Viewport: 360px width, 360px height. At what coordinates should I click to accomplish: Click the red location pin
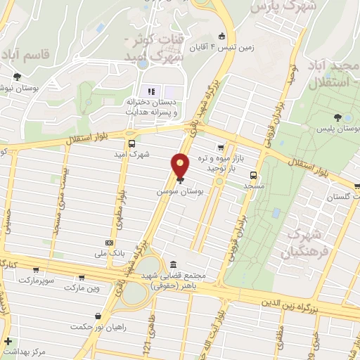(x=181, y=165)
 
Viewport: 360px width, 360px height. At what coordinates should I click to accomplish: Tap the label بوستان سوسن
(x=181, y=191)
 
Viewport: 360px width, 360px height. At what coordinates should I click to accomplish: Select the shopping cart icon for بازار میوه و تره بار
(x=221, y=148)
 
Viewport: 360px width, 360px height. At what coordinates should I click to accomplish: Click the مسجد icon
(x=253, y=176)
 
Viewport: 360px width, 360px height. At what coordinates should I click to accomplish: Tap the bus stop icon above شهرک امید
(x=130, y=139)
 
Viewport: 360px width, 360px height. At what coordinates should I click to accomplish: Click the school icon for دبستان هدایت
(x=149, y=91)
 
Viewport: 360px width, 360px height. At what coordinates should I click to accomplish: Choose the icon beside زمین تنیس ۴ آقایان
(x=221, y=37)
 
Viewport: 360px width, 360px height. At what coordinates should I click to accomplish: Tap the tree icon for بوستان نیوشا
(x=16, y=77)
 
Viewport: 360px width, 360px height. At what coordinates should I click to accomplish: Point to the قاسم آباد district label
(x=26, y=53)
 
